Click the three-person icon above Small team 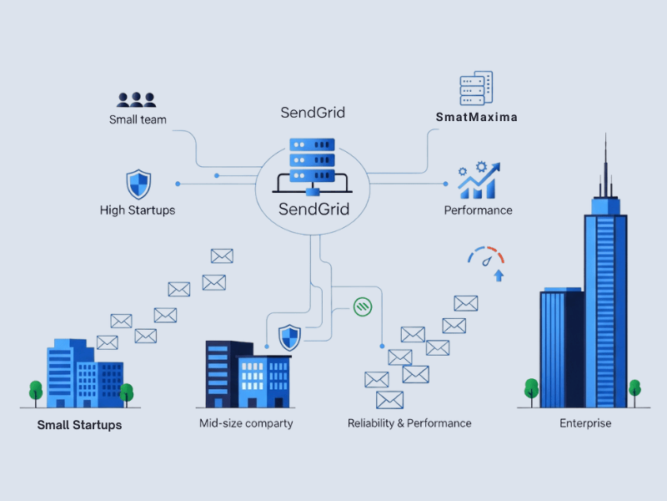[x=137, y=99]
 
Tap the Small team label [x=138, y=119]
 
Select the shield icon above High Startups [x=138, y=184]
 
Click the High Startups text [x=138, y=210]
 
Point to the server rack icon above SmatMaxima [x=476, y=89]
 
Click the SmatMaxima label [x=476, y=117]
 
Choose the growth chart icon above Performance [x=479, y=180]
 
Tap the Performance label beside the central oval [x=478, y=210]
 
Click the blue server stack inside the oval [x=311, y=164]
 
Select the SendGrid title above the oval [x=313, y=113]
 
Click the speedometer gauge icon [x=487, y=255]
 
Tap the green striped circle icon [x=363, y=306]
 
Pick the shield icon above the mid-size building [x=289, y=337]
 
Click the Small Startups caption [x=79, y=425]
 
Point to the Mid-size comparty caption [x=246, y=423]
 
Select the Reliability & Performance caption [x=409, y=423]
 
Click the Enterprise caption [x=585, y=423]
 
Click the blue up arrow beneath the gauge [x=499, y=275]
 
